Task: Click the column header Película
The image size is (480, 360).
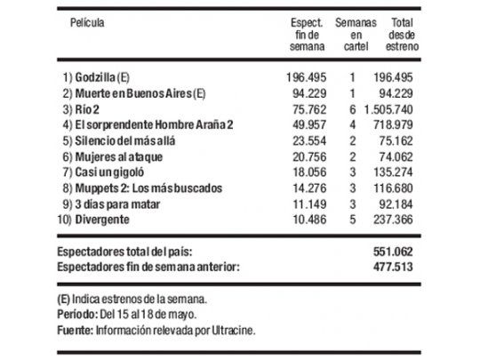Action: click(x=88, y=21)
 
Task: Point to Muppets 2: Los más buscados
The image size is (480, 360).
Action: click(x=145, y=188)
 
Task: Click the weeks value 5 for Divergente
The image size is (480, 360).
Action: click(x=353, y=220)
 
